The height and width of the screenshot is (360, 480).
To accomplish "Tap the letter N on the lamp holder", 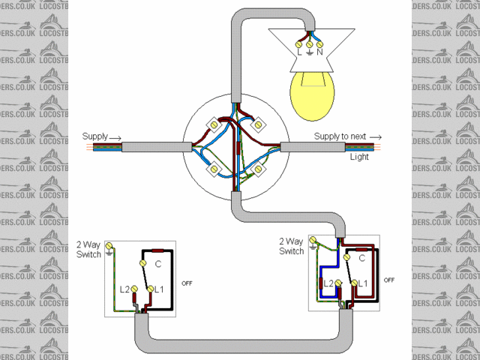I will click(x=320, y=52).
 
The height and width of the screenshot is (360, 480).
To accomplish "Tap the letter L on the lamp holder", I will click(x=299, y=52).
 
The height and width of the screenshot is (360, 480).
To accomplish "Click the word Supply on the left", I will click(x=95, y=136).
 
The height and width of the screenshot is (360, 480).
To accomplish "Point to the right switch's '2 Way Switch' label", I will click(x=291, y=247).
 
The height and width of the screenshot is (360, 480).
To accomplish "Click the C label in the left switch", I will click(x=158, y=264).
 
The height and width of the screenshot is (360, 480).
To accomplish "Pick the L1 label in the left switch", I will click(x=160, y=289).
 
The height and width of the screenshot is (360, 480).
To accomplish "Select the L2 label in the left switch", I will click(x=125, y=289).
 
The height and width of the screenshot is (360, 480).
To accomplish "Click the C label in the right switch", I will click(x=361, y=258).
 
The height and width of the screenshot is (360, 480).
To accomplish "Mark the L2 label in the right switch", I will click(x=328, y=283).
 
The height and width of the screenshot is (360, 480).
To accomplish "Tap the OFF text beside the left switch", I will click(x=188, y=283).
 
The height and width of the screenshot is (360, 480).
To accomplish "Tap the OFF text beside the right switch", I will click(x=388, y=279).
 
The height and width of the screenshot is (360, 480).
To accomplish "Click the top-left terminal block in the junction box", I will click(x=214, y=122).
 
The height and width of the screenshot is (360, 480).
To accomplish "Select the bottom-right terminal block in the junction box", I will click(x=259, y=170).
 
